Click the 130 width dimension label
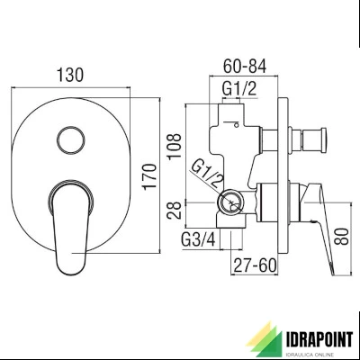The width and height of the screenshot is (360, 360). (70, 75)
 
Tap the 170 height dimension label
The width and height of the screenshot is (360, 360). (150, 176)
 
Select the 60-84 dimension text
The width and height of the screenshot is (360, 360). (245, 66)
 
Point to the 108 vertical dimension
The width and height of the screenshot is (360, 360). (175, 147)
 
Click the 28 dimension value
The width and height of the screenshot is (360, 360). (175, 210)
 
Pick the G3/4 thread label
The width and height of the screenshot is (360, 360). (198, 239)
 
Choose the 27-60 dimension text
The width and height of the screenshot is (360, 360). (255, 265)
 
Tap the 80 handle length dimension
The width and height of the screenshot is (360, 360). (342, 237)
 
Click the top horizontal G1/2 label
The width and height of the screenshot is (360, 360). (239, 88)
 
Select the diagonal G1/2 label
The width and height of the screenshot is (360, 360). (208, 176)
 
